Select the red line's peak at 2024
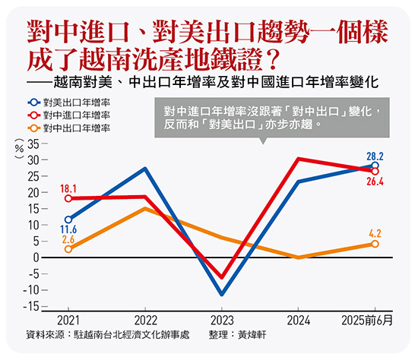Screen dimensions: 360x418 pyautogui.click(x=299, y=159)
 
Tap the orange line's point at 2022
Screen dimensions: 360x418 pyautogui.click(x=145, y=208)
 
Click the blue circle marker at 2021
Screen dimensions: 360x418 pyautogui.click(x=69, y=219)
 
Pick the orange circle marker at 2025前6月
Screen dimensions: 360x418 pyautogui.click(x=375, y=244)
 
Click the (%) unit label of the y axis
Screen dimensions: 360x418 pyautogui.click(x=18, y=150)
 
